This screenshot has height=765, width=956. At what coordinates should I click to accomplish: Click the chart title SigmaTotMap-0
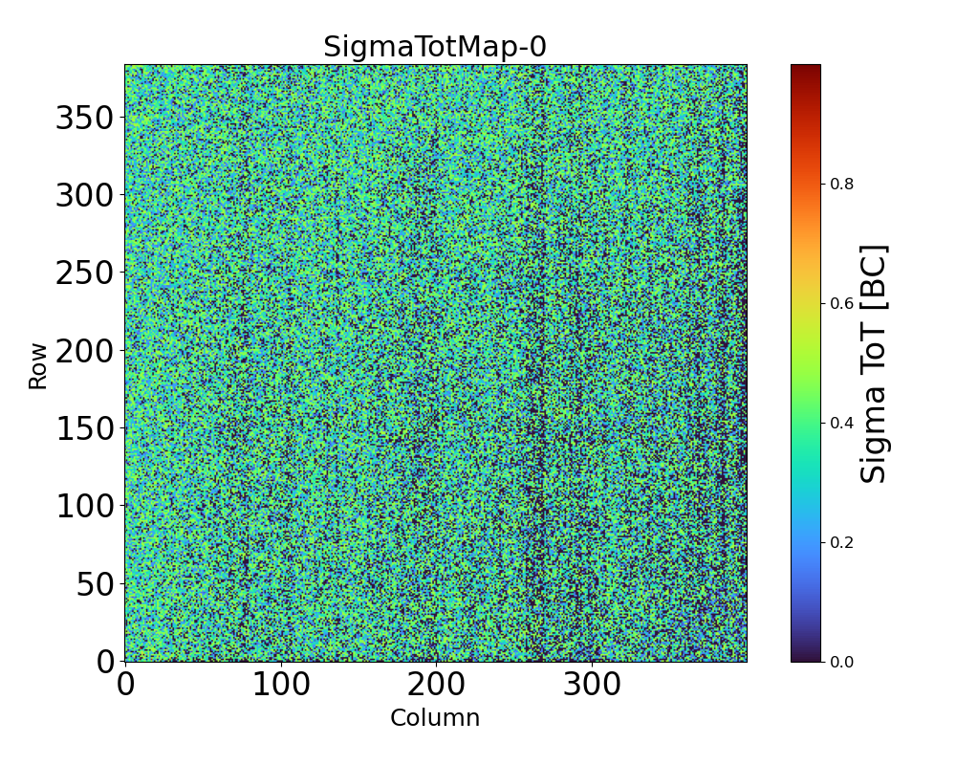point(435,47)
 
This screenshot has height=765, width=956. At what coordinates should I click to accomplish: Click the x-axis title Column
point(435,717)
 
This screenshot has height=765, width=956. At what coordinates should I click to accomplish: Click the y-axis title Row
point(38,363)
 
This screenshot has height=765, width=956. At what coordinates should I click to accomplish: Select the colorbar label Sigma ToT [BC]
point(875,363)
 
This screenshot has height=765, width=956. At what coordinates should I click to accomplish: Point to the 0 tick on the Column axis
point(125,685)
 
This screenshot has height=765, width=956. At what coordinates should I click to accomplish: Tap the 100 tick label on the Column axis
point(280,685)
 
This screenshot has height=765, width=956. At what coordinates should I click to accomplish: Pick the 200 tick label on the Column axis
point(436,685)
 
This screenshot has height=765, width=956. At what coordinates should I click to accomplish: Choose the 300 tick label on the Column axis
point(592,685)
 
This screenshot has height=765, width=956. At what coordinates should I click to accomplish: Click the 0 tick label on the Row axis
point(106,662)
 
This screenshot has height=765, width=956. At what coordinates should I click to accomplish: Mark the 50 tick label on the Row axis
point(96,583)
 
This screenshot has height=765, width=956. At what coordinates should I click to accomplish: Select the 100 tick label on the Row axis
point(84,506)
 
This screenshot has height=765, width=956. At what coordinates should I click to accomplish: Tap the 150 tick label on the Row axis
point(84,428)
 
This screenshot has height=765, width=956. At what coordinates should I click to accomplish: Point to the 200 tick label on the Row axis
point(84,351)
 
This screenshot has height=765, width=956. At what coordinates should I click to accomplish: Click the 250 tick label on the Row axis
point(84,273)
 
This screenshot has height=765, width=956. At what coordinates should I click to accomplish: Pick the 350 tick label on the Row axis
point(84,118)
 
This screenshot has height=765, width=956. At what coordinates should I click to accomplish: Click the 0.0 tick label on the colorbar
point(840,662)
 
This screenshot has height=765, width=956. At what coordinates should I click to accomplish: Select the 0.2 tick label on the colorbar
point(840,542)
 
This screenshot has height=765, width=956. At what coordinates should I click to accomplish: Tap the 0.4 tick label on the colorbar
point(840,423)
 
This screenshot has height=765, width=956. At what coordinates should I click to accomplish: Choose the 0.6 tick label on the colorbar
point(840,303)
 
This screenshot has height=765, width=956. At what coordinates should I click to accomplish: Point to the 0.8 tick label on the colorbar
point(840,184)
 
